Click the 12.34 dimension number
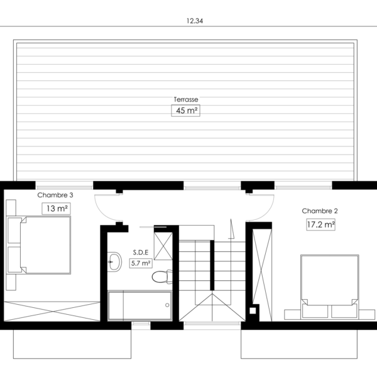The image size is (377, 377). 195,21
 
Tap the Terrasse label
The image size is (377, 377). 186,99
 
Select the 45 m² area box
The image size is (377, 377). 185,111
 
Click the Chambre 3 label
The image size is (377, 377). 55,195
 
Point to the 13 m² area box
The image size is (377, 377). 57,209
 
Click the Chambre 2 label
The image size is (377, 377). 320,211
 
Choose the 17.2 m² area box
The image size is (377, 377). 320,224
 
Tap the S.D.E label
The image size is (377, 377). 141,253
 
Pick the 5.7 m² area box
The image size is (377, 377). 141,263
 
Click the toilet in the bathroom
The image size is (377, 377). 162,276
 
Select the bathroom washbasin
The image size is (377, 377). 114,262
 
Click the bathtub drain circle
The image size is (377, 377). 167,305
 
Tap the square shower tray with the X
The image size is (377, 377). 163,246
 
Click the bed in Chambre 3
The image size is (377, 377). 38,245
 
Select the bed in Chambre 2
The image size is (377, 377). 330,287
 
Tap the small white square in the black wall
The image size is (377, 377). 253,310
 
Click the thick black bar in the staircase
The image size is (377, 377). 212,265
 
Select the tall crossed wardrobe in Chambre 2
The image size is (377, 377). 262,275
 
